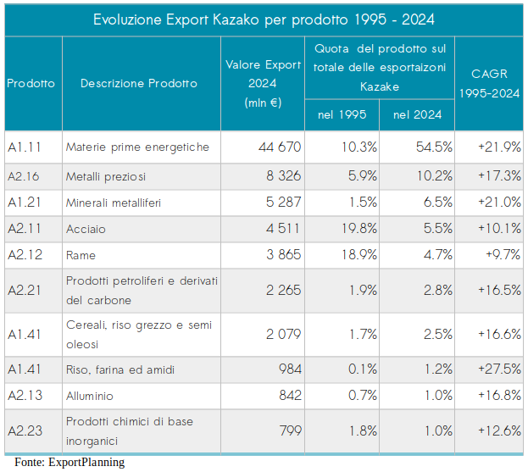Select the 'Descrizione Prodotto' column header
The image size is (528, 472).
point(139,83)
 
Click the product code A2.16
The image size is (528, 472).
point(24,176)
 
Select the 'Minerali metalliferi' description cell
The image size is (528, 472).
point(113,203)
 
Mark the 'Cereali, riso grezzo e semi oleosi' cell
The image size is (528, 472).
point(139,334)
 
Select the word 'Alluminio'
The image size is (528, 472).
point(90,396)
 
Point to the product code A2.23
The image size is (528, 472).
point(24,430)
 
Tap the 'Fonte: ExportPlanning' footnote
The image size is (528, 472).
point(69,462)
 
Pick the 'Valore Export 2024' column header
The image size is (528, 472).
point(263,83)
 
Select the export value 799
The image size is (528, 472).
point(290,430)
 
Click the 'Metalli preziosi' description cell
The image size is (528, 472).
point(106,176)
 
